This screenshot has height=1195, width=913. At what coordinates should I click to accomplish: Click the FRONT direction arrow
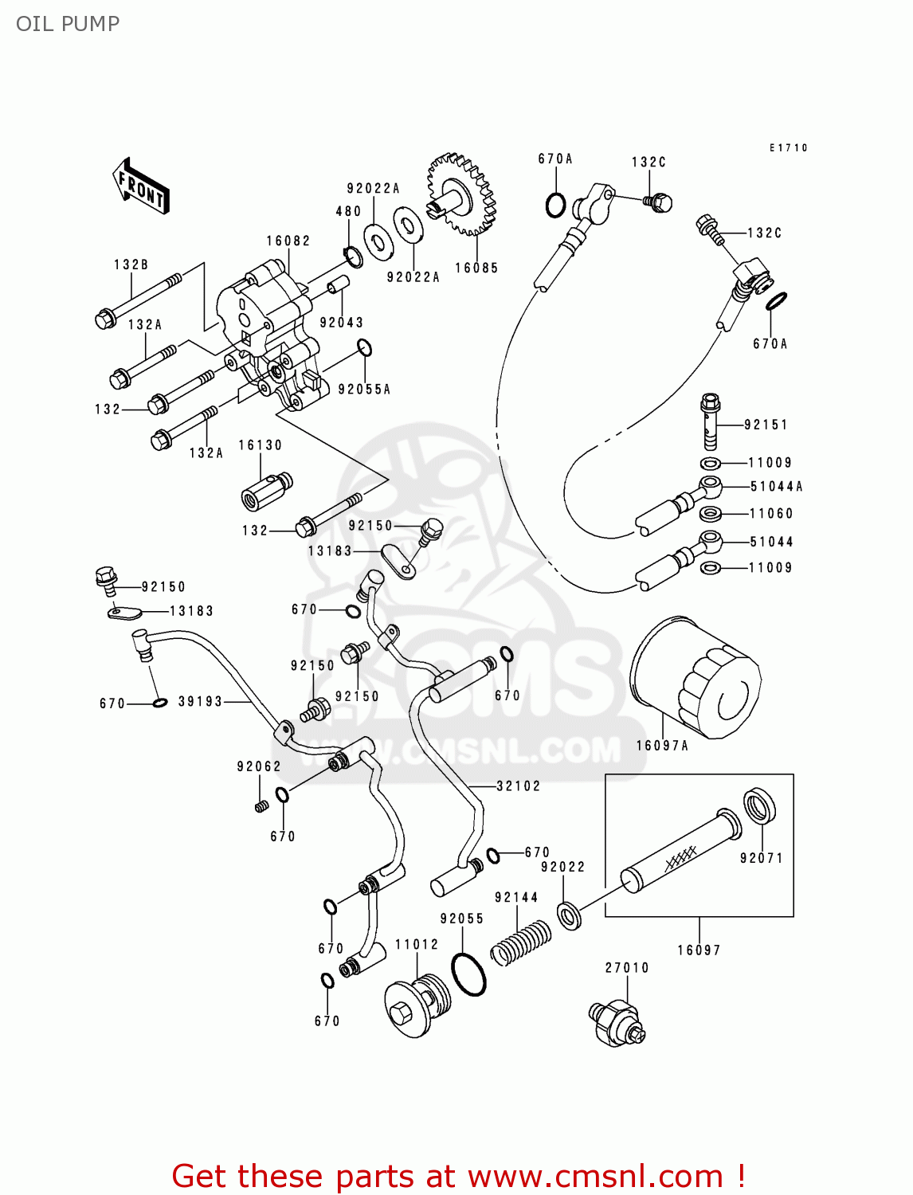[x=141, y=186]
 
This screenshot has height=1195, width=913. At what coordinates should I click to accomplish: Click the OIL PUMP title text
[x=68, y=24]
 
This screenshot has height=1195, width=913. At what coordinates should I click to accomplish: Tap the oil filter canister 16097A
[x=695, y=677]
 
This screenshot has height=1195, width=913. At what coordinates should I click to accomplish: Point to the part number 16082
[x=288, y=241]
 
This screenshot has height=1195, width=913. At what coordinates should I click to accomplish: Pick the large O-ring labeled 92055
[x=468, y=973]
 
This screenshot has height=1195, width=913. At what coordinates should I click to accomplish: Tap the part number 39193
[x=200, y=702]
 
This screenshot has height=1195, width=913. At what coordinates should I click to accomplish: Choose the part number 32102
[x=519, y=786]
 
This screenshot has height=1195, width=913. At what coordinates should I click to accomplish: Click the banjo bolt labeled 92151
[x=710, y=421]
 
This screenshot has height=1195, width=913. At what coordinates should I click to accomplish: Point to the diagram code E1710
[x=789, y=147]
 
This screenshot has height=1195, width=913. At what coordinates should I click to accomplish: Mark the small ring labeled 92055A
[x=364, y=348]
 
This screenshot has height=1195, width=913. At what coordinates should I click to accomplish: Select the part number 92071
[x=762, y=858]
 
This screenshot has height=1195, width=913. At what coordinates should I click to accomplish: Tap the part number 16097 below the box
[x=699, y=950]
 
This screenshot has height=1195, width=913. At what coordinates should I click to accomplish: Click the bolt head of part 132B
[x=105, y=319]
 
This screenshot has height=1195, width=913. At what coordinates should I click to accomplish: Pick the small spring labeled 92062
[x=261, y=807]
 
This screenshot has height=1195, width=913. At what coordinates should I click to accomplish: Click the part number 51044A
[x=776, y=487]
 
